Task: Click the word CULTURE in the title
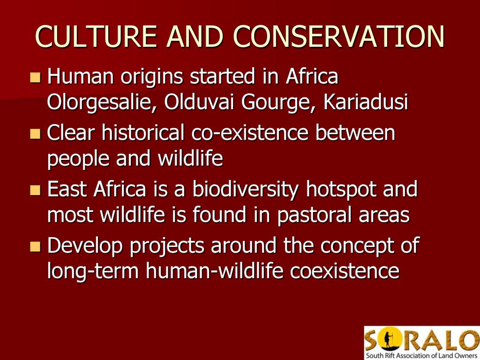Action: point(96,36)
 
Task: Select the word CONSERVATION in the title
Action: point(339,36)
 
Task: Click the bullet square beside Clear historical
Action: point(35,134)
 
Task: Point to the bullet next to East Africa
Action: point(35,190)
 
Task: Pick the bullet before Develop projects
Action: point(35,247)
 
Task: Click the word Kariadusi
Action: point(366,101)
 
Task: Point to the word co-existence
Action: point(250,133)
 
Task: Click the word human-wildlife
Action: point(214,270)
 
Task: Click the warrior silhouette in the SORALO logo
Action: point(388,340)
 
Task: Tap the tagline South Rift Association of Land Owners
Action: point(423,355)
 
